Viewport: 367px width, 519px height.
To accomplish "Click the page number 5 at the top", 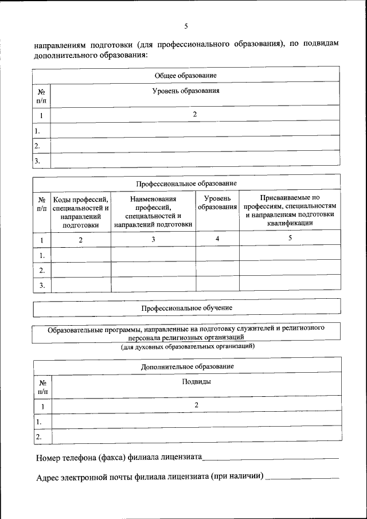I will pyautogui.click(x=186, y=26).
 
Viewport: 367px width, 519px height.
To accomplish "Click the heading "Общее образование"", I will pyautogui.click(x=186, y=75).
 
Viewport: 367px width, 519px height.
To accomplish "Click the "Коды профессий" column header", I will pyautogui.click(x=81, y=212).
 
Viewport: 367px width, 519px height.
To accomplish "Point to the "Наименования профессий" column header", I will pyautogui.click(x=153, y=212).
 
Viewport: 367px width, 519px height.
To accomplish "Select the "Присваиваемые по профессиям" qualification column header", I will pyautogui.click(x=290, y=210).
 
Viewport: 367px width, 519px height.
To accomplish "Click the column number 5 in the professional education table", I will pyautogui.click(x=290, y=238).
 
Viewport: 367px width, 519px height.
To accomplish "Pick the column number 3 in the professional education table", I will pyautogui.click(x=153, y=240).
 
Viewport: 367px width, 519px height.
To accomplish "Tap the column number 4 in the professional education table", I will pyautogui.click(x=218, y=238).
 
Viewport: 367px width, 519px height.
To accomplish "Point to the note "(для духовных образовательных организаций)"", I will pyautogui.click(x=187, y=346).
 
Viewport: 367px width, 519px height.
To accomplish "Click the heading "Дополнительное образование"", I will pyautogui.click(x=187, y=366).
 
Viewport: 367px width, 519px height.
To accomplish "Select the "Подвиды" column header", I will pyautogui.click(x=196, y=381).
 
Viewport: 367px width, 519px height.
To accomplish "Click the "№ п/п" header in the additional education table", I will pyautogui.click(x=42, y=387).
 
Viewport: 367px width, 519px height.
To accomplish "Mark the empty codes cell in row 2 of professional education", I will pyautogui.click(x=81, y=270).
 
